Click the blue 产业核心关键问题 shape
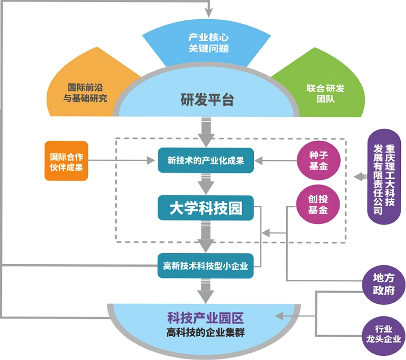click(207, 44)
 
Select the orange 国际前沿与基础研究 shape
click(85, 93)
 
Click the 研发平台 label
click(207, 99)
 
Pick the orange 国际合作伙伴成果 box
click(66, 161)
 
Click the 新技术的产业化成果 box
click(206, 160)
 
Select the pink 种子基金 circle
click(318, 160)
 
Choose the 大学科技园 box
click(206, 208)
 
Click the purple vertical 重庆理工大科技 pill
click(384, 176)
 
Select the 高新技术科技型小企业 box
click(206, 266)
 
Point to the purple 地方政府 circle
click(384, 284)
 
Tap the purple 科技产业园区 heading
click(206, 318)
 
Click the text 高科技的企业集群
click(206, 332)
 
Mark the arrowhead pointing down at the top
click(209, 13)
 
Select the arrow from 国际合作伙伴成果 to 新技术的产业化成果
click(122, 160)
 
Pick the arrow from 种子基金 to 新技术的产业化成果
click(276, 161)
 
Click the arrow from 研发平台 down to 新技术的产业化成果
click(206, 132)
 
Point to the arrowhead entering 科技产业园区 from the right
click(279, 316)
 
